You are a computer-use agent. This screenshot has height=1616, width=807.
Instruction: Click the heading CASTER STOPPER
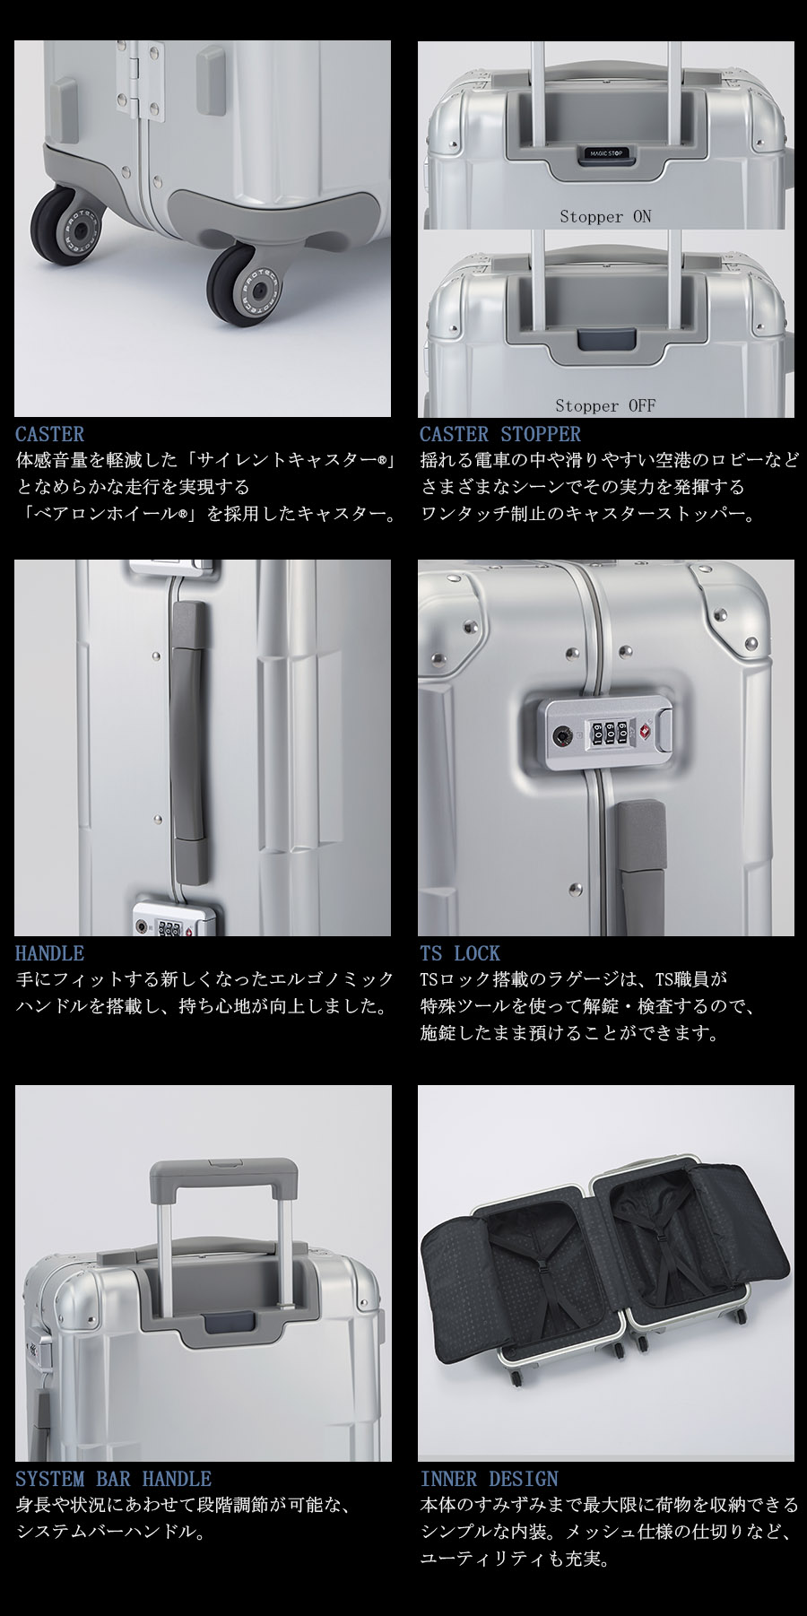point(499,435)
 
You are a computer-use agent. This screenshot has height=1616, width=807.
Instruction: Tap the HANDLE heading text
point(49,953)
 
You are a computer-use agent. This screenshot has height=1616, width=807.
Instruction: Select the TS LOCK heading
point(459,953)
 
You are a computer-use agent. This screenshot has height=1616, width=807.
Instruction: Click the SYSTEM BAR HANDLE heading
point(113,1479)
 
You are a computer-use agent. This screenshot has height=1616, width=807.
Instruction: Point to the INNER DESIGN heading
point(489,1479)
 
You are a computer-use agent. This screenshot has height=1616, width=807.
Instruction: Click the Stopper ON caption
point(605,217)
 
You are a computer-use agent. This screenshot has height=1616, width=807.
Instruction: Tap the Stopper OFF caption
point(605,406)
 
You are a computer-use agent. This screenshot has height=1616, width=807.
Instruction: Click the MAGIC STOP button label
point(605,153)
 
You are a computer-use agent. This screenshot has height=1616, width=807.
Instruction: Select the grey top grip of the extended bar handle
point(223,1177)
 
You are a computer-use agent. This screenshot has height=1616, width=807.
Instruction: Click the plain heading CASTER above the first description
point(49,435)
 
